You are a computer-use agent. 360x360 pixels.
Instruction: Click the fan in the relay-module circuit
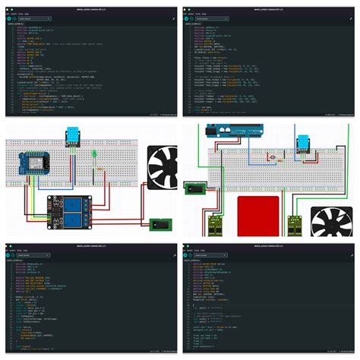tap(161, 167)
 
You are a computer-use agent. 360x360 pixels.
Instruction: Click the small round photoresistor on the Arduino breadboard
tap(273, 159)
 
